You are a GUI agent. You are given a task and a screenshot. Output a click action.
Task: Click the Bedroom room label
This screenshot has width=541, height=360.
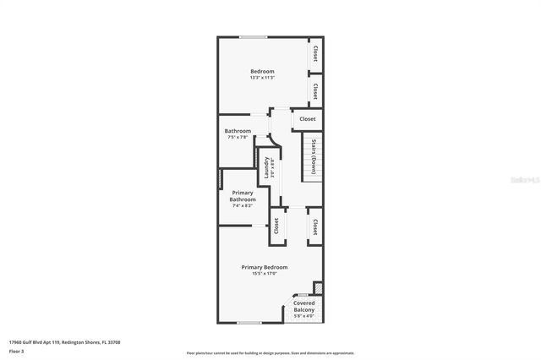pyautogui.click(x=262, y=71)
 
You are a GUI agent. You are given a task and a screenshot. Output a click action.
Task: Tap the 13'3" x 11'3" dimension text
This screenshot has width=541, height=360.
pyautogui.click(x=262, y=79)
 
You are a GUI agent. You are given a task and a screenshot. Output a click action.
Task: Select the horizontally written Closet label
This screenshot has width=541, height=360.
pyautogui.click(x=307, y=119)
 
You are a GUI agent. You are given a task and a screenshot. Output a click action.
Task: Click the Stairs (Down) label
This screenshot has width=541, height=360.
pyautogui.click(x=314, y=156)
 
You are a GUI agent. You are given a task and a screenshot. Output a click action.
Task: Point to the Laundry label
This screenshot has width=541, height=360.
pyautogui.click(x=266, y=167)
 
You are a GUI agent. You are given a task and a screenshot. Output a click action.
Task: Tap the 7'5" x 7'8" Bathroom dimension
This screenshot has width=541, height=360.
pyautogui.click(x=238, y=138)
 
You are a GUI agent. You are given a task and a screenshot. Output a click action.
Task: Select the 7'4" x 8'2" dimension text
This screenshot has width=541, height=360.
pyautogui.click(x=243, y=205)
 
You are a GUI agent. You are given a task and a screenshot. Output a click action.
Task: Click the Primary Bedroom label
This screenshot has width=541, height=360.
pyautogui.click(x=264, y=266)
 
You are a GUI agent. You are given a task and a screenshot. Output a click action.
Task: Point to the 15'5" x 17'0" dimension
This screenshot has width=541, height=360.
pyautogui.click(x=264, y=273)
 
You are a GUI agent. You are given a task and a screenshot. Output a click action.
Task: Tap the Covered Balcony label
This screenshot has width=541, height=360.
pyautogui.click(x=304, y=306)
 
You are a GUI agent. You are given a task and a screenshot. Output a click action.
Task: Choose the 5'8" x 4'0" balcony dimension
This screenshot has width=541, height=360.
pyautogui.click(x=304, y=317)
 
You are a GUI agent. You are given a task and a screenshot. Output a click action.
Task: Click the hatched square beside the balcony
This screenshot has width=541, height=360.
pyautogui.click(x=318, y=287)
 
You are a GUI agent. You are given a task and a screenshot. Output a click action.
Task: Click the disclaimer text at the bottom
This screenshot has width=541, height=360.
pyautogui.click(x=270, y=352)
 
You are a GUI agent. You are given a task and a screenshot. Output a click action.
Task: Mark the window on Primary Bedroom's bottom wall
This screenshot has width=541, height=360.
pyautogui.click(x=249, y=322)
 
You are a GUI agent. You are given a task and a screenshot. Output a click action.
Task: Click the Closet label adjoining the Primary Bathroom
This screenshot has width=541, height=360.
pyautogui.click(x=276, y=226)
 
